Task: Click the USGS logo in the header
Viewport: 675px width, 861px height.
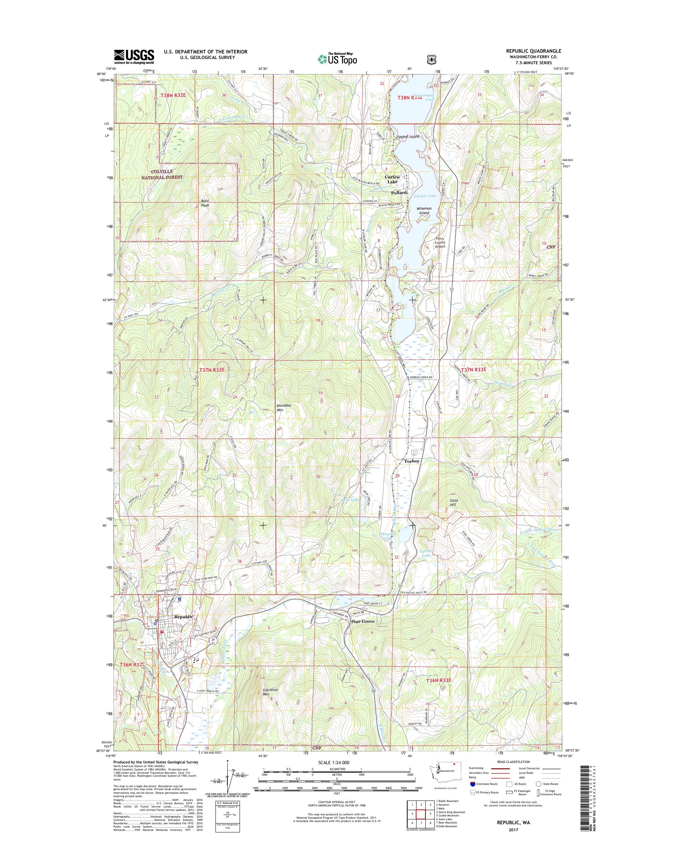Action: click(x=134, y=56)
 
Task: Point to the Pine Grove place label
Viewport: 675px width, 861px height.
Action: click(x=363, y=632)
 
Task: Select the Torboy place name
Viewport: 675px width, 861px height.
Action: click(x=411, y=461)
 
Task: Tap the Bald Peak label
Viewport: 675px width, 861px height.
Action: click(x=204, y=203)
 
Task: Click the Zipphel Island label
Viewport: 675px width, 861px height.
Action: click(x=408, y=137)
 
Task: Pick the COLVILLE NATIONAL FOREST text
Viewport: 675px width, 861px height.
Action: click(x=162, y=174)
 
